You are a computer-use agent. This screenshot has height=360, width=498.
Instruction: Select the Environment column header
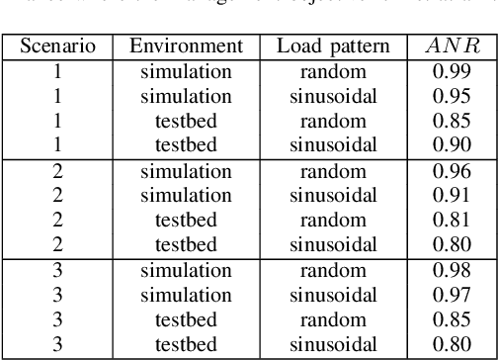click(x=186, y=47)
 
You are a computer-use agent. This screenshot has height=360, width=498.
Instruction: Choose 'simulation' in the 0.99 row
click(x=186, y=72)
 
